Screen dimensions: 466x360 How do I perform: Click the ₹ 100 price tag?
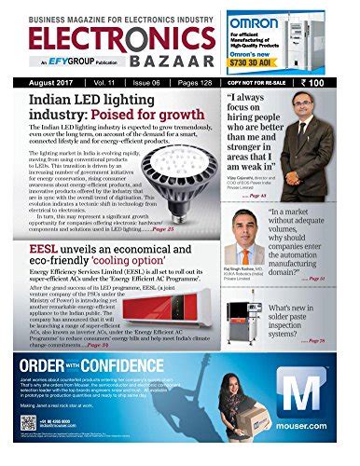tap(329, 82)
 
